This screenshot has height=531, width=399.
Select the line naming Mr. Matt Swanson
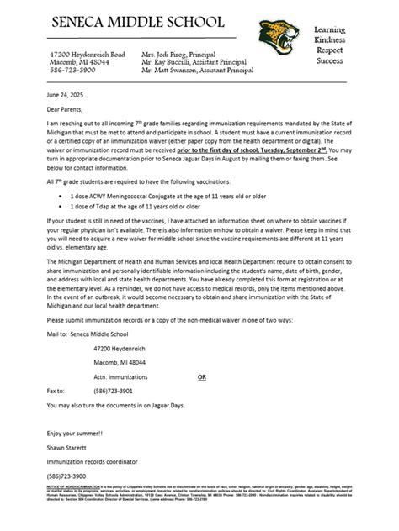pos(197,71)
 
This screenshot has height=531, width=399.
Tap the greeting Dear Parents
pos(65,108)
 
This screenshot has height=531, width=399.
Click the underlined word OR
pos(201,377)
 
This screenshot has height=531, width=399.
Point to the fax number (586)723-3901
pos(113,391)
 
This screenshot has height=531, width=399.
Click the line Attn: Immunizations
pos(124,377)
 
